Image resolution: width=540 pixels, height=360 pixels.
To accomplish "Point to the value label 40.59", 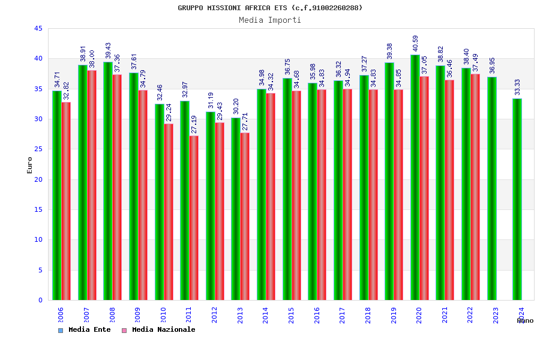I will [416, 44].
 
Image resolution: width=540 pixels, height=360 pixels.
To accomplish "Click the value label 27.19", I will [194, 124].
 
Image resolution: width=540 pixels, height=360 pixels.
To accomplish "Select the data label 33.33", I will [518, 87].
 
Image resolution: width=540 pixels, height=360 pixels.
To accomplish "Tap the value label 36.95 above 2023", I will [492, 65].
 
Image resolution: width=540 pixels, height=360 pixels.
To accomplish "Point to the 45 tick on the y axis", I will [38, 29].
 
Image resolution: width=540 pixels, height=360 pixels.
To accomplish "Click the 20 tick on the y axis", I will [38, 179].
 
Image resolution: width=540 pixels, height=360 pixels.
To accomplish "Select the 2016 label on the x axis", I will [317, 316].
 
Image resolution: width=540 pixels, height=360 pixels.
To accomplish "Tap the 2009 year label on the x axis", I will [137, 316].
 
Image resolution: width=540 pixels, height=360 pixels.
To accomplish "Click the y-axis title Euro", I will [30, 165].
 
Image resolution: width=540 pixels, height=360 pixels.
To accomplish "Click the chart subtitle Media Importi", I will [270, 20].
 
